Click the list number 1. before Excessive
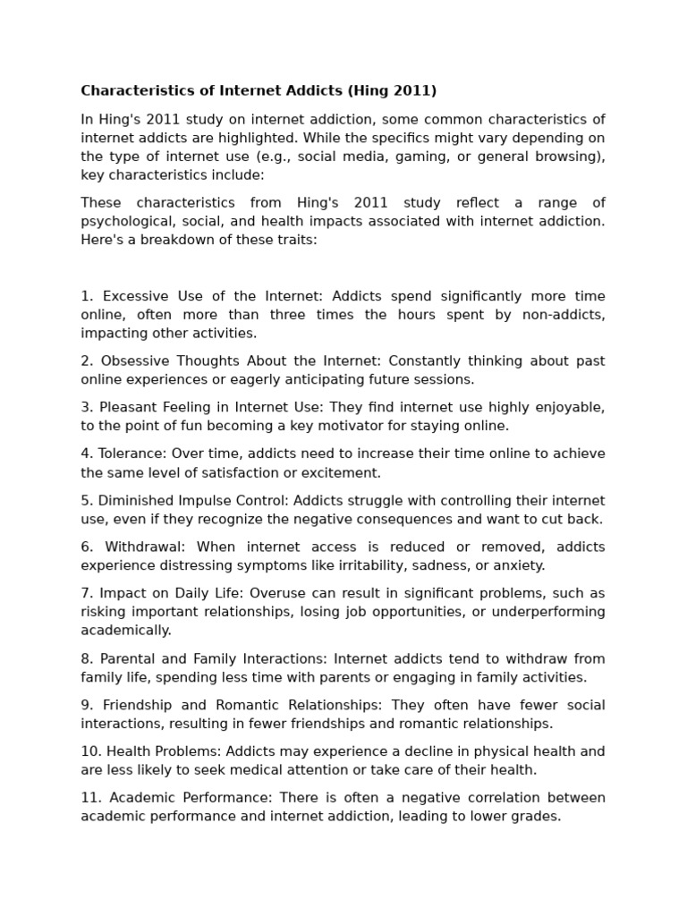[x=87, y=296]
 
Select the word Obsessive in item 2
[x=135, y=360]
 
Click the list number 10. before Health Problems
[x=90, y=751]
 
